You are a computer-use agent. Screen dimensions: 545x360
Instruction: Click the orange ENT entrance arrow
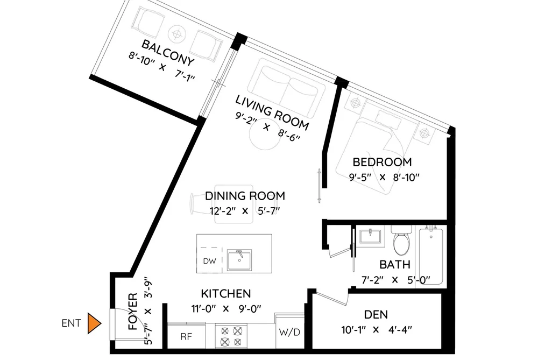coord(94,323)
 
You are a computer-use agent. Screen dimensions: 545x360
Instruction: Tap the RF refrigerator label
coord(186,337)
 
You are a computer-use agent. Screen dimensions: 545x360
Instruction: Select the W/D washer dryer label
coord(289,332)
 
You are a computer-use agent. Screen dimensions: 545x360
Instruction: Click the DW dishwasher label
coord(209,262)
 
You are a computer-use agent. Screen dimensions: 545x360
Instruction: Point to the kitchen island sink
coord(239,260)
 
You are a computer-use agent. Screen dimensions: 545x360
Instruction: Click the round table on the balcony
coord(177,34)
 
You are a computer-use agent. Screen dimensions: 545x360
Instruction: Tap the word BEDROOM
coord(382,163)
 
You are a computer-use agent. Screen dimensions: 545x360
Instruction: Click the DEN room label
coord(376,315)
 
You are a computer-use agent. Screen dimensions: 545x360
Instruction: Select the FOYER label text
coord(133,312)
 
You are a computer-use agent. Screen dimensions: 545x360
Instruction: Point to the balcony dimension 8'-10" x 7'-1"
coord(161,67)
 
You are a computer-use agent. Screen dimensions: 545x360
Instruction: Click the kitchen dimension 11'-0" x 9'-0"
coord(226,308)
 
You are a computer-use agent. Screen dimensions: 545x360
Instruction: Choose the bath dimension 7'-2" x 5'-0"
coord(395,280)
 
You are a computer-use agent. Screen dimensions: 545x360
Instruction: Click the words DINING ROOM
coord(245,196)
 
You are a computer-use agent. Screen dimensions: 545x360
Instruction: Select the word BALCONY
coord(167,53)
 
